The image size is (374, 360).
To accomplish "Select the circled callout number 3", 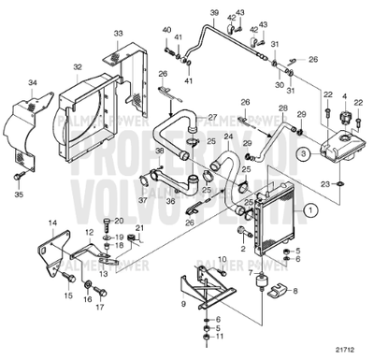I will [301, 150].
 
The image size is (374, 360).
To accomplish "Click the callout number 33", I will [118, 33].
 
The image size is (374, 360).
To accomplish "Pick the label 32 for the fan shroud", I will [78, 66].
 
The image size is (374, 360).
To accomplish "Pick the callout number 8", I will [296, 292].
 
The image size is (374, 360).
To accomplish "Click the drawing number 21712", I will [347, 351].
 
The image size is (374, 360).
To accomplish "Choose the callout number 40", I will [169, 30].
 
